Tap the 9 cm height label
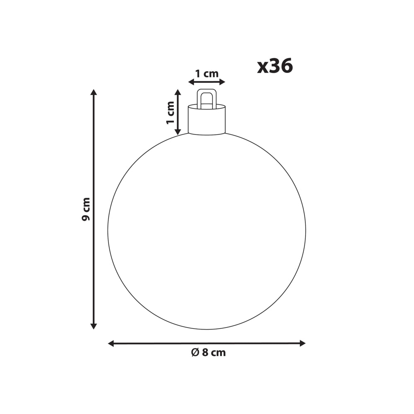click(86, 209)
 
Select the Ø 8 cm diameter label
click(208, 352)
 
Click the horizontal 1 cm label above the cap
click(207, 73)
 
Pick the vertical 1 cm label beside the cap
click(170, 113)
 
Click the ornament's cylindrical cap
click(207, 120)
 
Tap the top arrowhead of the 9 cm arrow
click(94, 92)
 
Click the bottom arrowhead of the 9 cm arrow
click(94, 326)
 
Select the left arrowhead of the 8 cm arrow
click(111, 343)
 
